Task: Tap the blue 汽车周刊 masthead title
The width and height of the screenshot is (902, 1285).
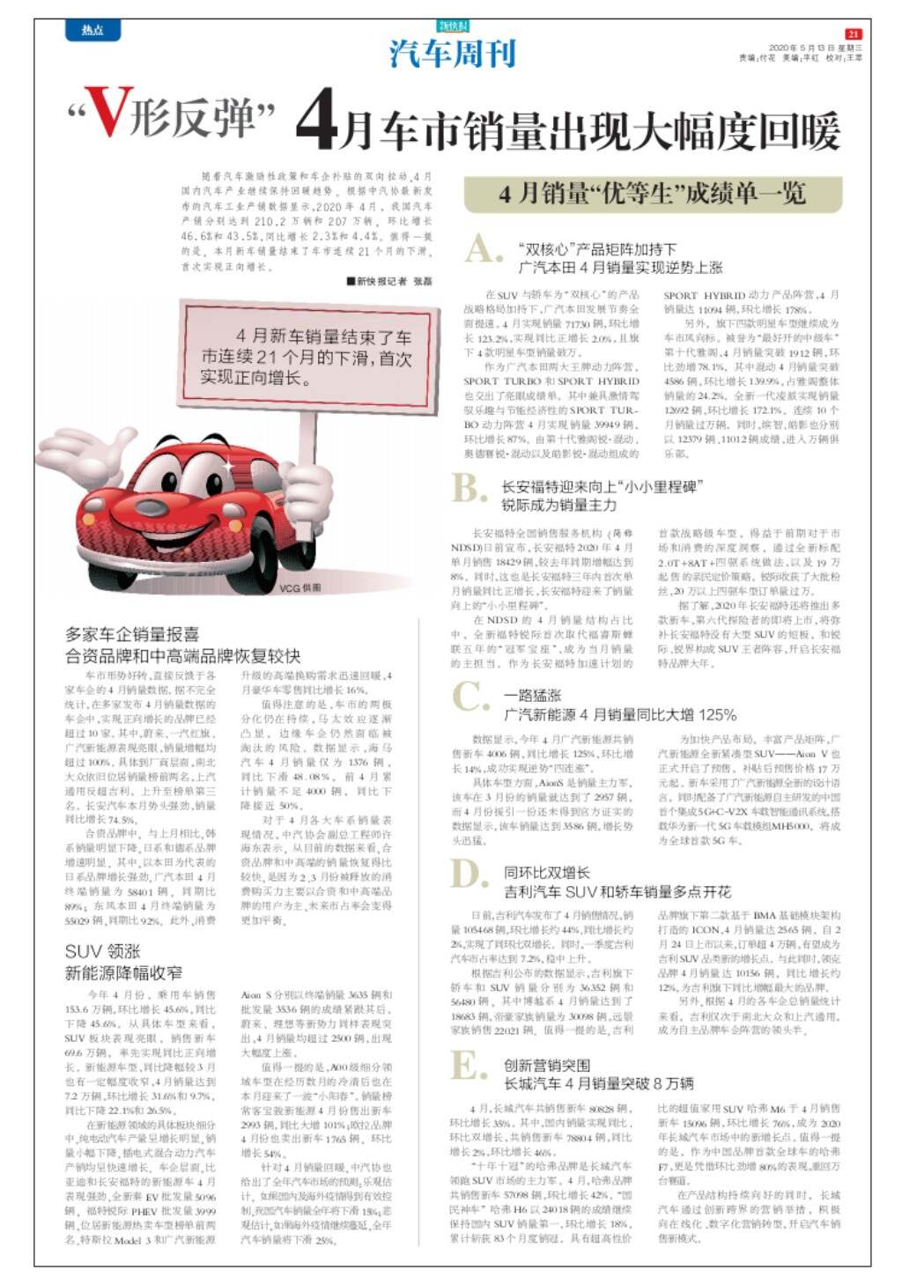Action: (452, 54)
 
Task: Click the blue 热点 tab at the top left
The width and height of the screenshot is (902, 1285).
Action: (92, 31)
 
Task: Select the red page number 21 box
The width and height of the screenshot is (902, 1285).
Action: (853, 33)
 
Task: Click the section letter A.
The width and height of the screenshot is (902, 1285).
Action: (483, 250)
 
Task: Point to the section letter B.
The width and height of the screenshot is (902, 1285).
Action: (468, 488)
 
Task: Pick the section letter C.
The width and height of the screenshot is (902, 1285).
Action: (469, 697)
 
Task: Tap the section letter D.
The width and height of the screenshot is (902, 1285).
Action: (469, 875)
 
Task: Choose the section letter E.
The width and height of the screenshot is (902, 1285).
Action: (467, 1067)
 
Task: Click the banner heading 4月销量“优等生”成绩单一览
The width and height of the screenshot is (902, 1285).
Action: (651, 194)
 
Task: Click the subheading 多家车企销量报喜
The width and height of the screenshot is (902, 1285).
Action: (132, 633)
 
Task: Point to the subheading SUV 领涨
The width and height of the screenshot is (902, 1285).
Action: (102, 951)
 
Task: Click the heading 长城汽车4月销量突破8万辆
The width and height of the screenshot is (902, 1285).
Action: (598, 1083)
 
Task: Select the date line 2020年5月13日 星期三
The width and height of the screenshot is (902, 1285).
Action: (815, 48)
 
